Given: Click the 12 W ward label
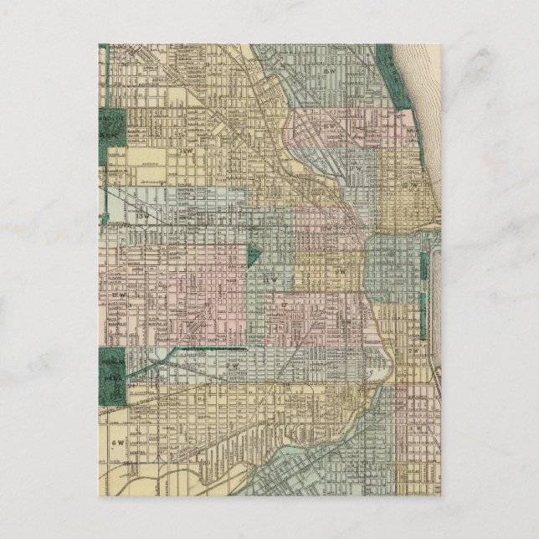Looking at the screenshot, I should [x=117, y=295].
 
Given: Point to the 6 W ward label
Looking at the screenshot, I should [x=116, y=441].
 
